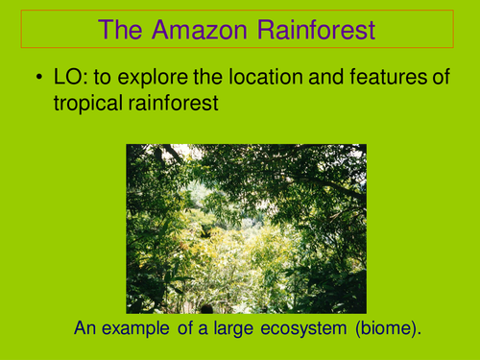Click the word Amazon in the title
(210, 30)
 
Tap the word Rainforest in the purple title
(318, 30)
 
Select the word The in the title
(127, 30)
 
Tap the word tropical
(88, 104)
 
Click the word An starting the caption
(85, 329)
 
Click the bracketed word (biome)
(381, 329)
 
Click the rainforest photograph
(247, 228)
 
